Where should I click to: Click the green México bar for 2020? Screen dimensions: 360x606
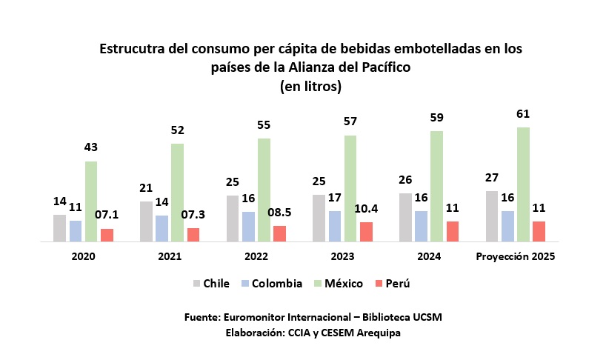(x=91, y=201)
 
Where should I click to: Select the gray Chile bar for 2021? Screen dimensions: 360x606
(x=146, y=221)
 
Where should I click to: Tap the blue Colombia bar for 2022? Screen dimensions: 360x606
(x=248, y=227)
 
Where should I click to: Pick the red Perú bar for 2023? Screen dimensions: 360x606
(x=366, y=232)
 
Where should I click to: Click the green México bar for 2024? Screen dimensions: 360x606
(x=436, y=187)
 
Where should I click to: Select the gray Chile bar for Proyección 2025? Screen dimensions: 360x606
(x=491, y=216)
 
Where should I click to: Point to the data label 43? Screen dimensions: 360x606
(x=91, y=148)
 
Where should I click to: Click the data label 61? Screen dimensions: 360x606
(x=523, y=114)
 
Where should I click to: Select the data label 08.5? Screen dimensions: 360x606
(x=279, y=212)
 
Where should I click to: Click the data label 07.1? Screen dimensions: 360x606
(x=107, y=216)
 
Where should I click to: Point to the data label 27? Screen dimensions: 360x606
(x=491, y=178)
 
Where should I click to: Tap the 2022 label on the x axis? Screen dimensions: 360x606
(x=256, y=257)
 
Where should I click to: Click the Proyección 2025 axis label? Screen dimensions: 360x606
(x=515, y=257)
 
